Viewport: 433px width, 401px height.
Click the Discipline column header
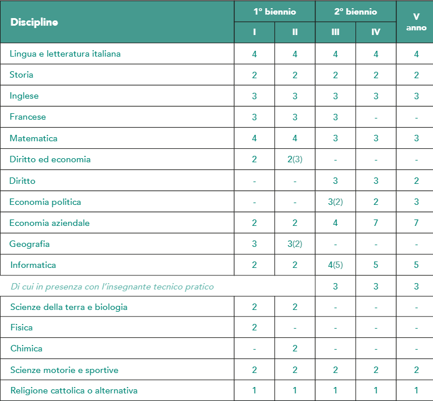pyautogui.click(x=34, y=22)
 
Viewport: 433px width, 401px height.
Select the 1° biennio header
pyautogui.click(x=274, y=12)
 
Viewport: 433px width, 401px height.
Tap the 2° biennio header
pyautogui.click(x=355, y=12)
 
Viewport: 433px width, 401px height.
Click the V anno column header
pyautogui.click(x=416, y=22)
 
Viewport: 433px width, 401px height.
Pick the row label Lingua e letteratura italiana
pyautogui.click(x=65, y=54)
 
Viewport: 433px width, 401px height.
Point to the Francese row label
pyautogui.click(x=27, y=117)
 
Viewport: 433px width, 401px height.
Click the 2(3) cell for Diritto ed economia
pyautogui.click(x=295, y=159)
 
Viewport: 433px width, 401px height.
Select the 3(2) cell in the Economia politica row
pyautogui.click(x=335, y=202)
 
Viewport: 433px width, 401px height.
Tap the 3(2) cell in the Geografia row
pyautogui.click(x=295, y=244)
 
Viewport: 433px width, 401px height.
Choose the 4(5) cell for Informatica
pyautogui.click(x=335, y=265)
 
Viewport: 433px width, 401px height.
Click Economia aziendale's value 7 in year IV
pyautogui.click(x=376, y=223)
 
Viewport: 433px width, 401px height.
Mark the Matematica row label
pyautogui.click(x=33, y=138)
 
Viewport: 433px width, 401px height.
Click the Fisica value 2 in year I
pyautogui.click(x=255, y=327)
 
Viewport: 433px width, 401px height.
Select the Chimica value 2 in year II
pyautogui.click(x=295, y=348)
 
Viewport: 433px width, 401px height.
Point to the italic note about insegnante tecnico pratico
pyautogui.click(x=112, y=287)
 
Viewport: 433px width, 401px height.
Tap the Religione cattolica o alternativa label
pyautogui.click(x=73, y=390)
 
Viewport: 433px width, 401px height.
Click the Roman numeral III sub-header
pyautogui.click(x=335, y=32)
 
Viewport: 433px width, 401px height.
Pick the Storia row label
pyautogui.click(x=22, y=75)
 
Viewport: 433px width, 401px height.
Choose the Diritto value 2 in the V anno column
pyautogui.click(x=416, y=181)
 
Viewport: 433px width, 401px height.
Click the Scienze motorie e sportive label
pyautogui.click(x=64, y=370)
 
